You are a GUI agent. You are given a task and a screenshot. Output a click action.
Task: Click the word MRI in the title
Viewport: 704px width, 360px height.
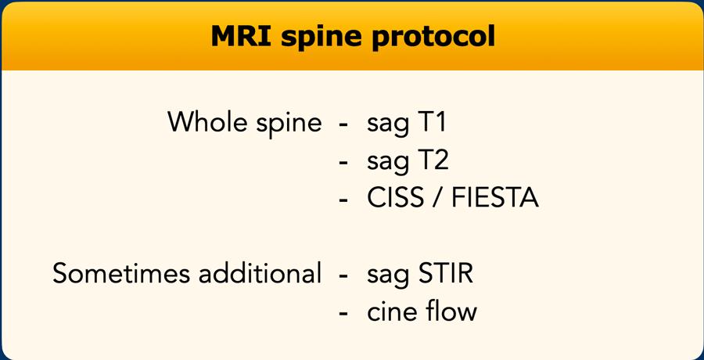[x=241, y=36]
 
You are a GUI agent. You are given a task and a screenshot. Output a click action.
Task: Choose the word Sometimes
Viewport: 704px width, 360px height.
[x=120, y=272]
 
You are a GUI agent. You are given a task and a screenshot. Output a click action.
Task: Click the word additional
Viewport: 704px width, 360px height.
[x=260, y=272]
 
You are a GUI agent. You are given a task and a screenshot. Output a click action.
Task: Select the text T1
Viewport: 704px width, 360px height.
[x=432, y=122]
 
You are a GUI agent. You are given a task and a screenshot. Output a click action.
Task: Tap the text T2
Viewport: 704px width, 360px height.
[x=433, y=160]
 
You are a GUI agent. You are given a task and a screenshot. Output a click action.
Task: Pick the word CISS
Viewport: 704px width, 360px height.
[x=395, y=198]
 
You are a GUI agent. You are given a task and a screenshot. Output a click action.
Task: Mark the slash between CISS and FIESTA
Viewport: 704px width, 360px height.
[x=437, y=198]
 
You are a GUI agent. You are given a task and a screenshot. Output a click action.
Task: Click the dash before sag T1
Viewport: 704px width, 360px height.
[x=343, y=125]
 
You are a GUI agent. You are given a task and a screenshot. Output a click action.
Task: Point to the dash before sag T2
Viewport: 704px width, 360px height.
[x=343, y=163]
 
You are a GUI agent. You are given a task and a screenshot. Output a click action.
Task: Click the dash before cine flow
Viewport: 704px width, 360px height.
[x=343, y=314]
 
